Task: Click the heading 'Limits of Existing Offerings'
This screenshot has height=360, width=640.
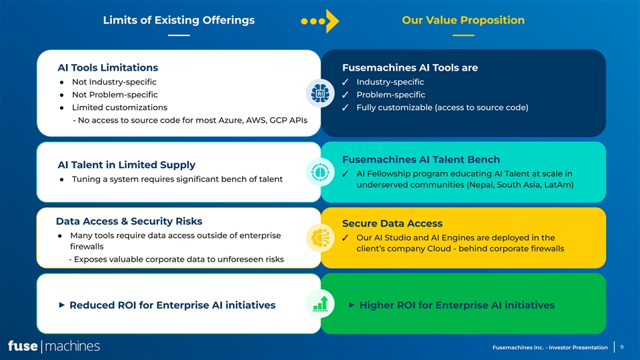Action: [x=179, y=20]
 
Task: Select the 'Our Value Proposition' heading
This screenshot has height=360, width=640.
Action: [x=463, y=20]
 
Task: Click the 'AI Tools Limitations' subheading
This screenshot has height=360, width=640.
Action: [x=108, y=67]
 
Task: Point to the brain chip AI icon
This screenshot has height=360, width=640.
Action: [x=320, y=94]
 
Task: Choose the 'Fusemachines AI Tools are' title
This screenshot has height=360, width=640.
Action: [x=410, y=67]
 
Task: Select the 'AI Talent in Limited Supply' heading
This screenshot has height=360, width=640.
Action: [x=127, y=165]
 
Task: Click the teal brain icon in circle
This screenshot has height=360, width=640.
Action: [x=320, y=172]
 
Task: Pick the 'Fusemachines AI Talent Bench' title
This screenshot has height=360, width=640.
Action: [x=421, y=159]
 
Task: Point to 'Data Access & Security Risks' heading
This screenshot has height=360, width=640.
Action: [x=129, y=221]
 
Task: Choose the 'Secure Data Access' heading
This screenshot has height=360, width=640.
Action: [x=392, y=223]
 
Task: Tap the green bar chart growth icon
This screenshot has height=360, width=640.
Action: [x=320, y=303]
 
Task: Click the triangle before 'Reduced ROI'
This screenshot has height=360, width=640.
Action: [x=61, y=305]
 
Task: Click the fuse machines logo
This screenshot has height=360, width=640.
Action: [x=54, y=346]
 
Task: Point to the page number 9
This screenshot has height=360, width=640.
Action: [x=621, y=347]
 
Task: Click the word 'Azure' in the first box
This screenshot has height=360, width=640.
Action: [x=207, y=120]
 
